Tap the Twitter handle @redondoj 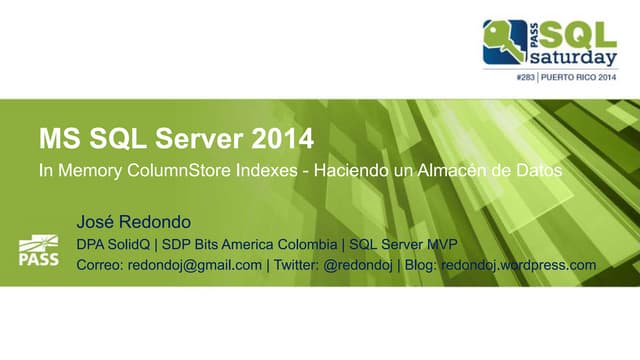pos(357,265)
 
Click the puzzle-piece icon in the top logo pos(505,41)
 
